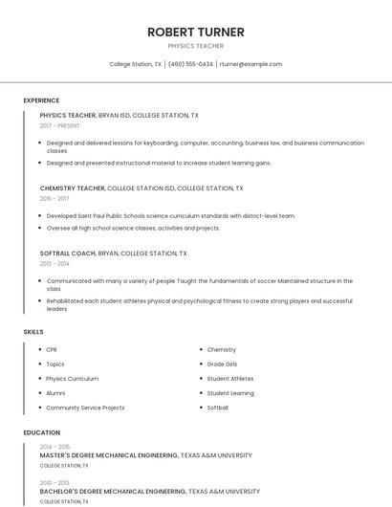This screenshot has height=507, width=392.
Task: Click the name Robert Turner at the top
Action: [196, 32]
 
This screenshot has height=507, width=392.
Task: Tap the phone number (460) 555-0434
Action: [190, 64]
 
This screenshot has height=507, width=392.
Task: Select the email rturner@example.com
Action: [250, 64]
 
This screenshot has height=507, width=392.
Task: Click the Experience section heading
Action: [41, 100]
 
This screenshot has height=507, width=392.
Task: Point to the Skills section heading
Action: [33, 331]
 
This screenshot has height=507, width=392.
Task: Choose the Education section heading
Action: [41, 432]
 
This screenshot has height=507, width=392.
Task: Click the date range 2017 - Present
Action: [59, 125]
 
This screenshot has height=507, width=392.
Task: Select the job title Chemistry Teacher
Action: [73, 188]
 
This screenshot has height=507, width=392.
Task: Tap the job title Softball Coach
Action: [68, 253]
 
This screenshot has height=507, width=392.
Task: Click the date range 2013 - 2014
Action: [54, 264]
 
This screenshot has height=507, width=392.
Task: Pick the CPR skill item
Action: [52, 349]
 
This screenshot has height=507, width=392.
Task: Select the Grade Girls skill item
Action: [222, 364]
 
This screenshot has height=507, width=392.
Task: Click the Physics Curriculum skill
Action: [72, 378]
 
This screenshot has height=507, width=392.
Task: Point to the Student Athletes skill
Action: [230, 378]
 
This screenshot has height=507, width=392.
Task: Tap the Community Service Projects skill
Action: [85, 408]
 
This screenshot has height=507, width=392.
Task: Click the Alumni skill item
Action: [55, 393]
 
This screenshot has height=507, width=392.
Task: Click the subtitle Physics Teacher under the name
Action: [196, 46]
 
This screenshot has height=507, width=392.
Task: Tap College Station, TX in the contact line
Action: [136, 64]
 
